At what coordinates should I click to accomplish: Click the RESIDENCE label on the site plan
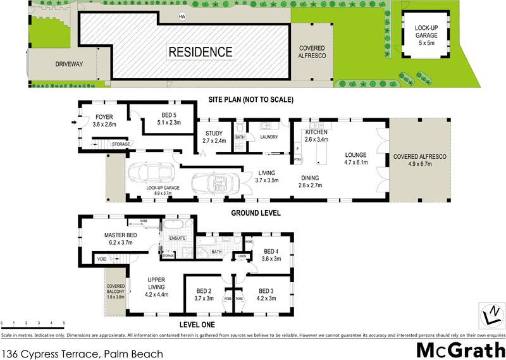200,51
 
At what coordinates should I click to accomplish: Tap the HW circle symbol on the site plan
183,16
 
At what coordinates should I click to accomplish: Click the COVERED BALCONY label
116,288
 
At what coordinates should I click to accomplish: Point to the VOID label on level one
101,259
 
